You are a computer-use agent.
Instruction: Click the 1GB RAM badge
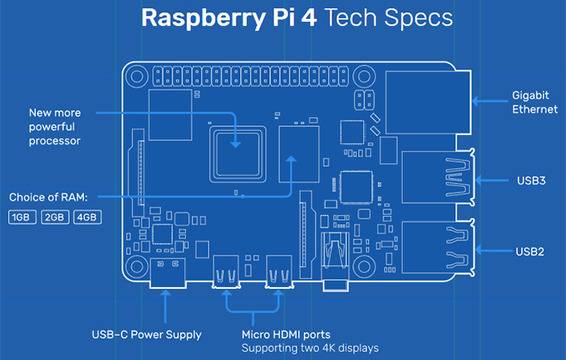[21, 217]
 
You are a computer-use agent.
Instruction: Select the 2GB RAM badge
[54, 217]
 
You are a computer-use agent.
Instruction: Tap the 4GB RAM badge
[87, 217]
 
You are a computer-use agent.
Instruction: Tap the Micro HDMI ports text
[287, 334]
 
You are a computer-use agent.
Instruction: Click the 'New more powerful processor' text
[68, 126]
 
